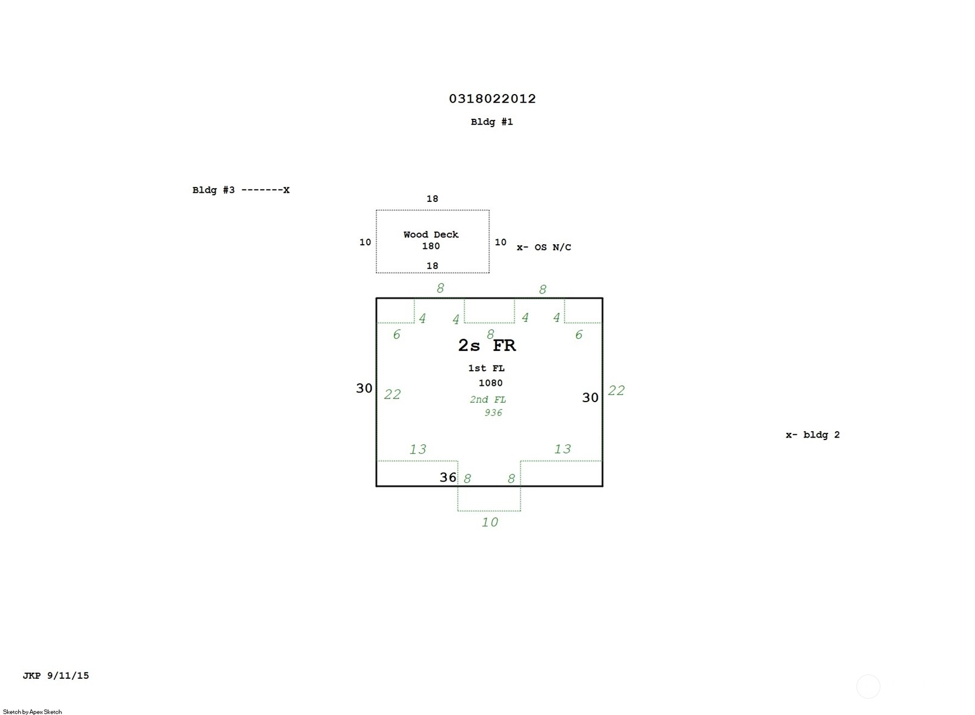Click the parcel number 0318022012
coord(492,99)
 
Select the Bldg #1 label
coord(491,122)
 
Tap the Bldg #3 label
coord(213,190)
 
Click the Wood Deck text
coord(431,235)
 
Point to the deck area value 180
coord(431,246)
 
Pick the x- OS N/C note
coord(543,247)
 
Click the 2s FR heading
coord(487,345)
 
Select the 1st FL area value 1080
coord(490,383)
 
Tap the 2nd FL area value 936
coord(493,413)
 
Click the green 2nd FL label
coord(488,400)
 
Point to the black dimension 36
coord(447,477)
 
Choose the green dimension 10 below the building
coord(490,522)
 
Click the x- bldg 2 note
coord(812,435)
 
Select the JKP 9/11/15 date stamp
coord(55,676)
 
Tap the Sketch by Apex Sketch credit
coord(33,712)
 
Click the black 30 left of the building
coord(364,388)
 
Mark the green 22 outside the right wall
coord(616,391)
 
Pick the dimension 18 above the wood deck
coord(432,199)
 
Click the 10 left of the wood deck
coord(365,242)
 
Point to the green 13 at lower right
coord(562,449)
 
